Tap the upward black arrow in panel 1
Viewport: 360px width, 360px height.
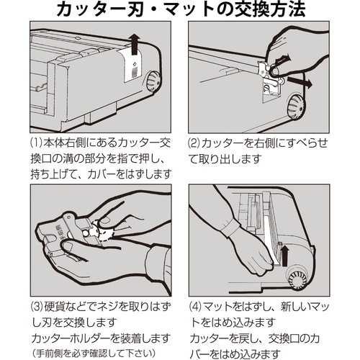tap(135, 44)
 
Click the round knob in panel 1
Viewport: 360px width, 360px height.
tap(153, 81)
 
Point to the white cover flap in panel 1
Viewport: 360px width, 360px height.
tap(132, 66)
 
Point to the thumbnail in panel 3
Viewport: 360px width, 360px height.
tap(105, 220)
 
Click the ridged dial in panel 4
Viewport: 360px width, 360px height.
tap(297, 279)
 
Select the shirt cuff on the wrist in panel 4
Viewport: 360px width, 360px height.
tap(230, 228)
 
